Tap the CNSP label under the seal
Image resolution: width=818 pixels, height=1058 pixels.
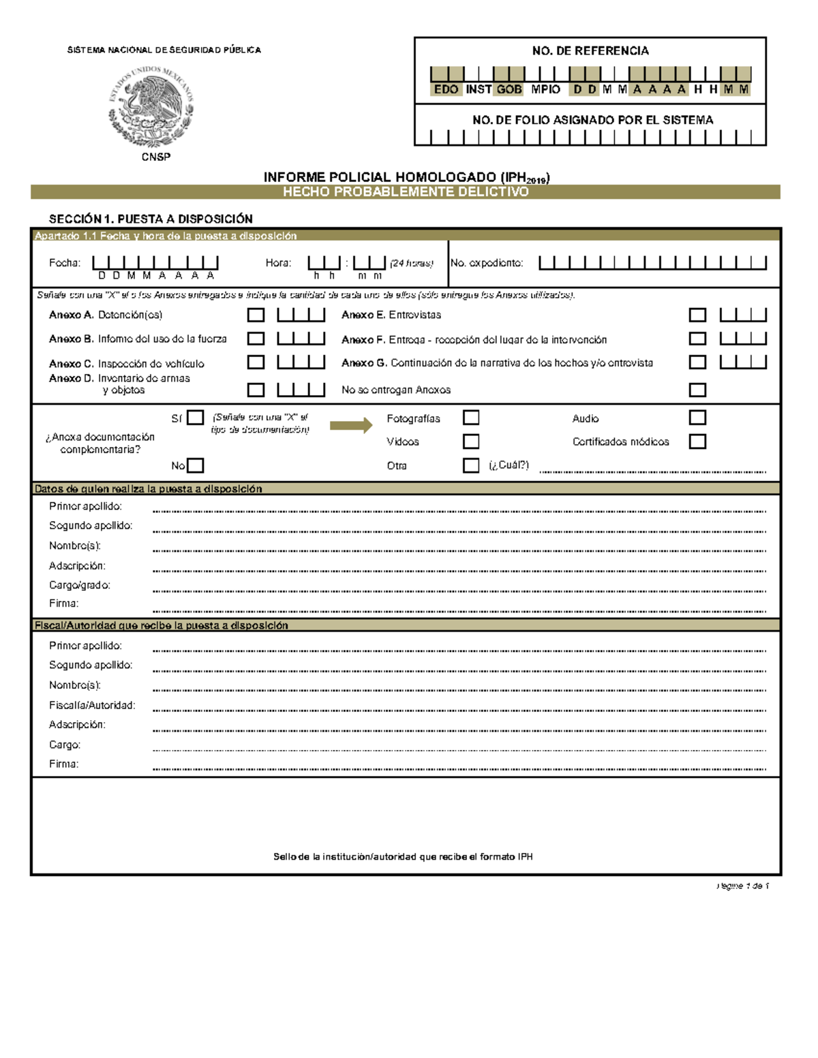coord(155,157)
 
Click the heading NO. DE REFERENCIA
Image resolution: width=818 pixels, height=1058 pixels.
coord(590,51)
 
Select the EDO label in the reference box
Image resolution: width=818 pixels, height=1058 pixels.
coord(446,89)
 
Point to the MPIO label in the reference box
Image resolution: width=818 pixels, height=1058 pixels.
coord(545,89)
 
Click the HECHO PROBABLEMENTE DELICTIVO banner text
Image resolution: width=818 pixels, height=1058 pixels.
coord(406,192)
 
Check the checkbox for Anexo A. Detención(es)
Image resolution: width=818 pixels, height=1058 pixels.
coord(256,315)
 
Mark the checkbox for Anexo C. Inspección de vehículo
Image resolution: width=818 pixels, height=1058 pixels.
coord(256,362)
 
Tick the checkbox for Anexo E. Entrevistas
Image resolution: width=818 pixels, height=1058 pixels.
coord(697,315)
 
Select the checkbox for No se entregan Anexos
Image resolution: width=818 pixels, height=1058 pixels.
coord(697,390)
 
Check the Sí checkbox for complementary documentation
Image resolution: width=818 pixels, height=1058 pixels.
coord(196,418)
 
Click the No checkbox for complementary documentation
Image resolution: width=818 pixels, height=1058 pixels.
coord(196,465)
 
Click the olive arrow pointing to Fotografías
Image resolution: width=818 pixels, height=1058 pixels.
coord(351,426)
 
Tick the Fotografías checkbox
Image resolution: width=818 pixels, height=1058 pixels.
coord(471,418)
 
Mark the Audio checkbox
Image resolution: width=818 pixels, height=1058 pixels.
coord(697,418)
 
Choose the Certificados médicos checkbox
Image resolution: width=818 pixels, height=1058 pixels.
coord(697,441)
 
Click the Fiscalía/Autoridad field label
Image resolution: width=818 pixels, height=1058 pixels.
coord(92,705)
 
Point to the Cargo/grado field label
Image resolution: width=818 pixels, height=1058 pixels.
coord(80,585)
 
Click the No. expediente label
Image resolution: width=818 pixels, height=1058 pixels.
coord(487,263)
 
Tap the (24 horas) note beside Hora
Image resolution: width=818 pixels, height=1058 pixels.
coord(412,263)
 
